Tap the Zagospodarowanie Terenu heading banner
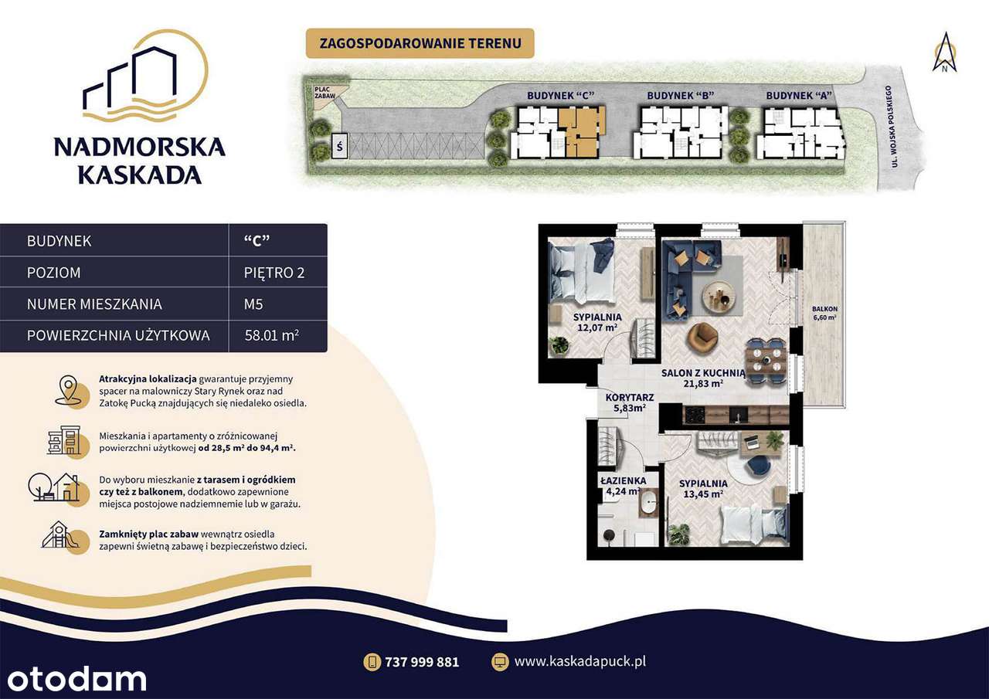[x=420, y=42]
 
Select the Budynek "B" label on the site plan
[x=680, y=95]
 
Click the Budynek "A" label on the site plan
[x=799, y=95]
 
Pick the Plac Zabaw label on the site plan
[x=325, y=93]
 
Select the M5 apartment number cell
[x=253, y=304]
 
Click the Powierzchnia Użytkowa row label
[x=118, y=336]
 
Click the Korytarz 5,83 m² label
[x=630, y=403]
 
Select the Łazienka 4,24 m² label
[x=623, y=485]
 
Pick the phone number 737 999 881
[x=421, y=662]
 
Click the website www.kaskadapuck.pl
[x=579, y=661]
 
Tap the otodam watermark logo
[x=73, y=679]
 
